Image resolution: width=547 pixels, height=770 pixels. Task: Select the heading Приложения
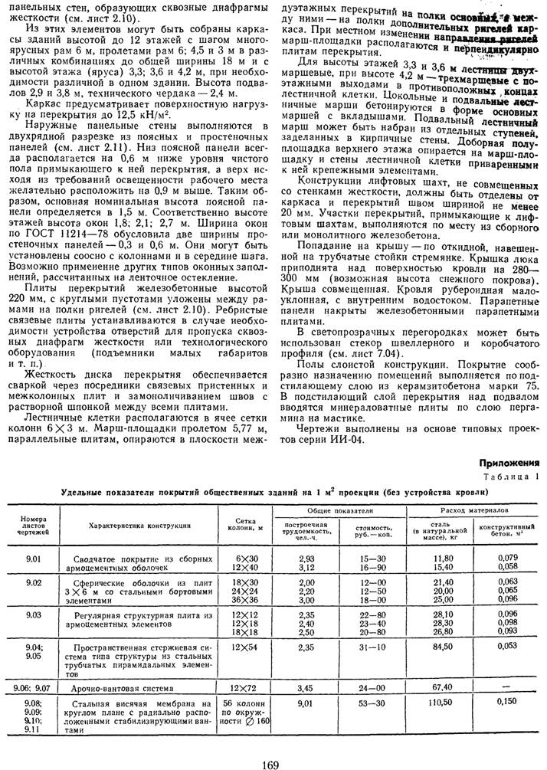click(509, 463)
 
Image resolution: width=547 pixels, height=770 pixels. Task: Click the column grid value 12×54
click(247, 647)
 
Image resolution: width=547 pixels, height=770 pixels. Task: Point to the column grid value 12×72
click(247, 688)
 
